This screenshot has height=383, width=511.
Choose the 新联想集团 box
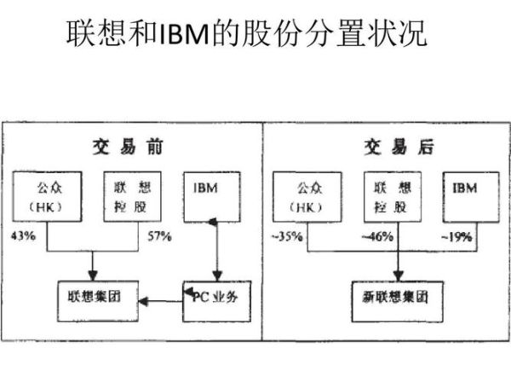coord(392,298)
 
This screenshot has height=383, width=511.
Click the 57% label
coord(158,235)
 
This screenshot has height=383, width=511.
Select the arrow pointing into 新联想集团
coord(394,269)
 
